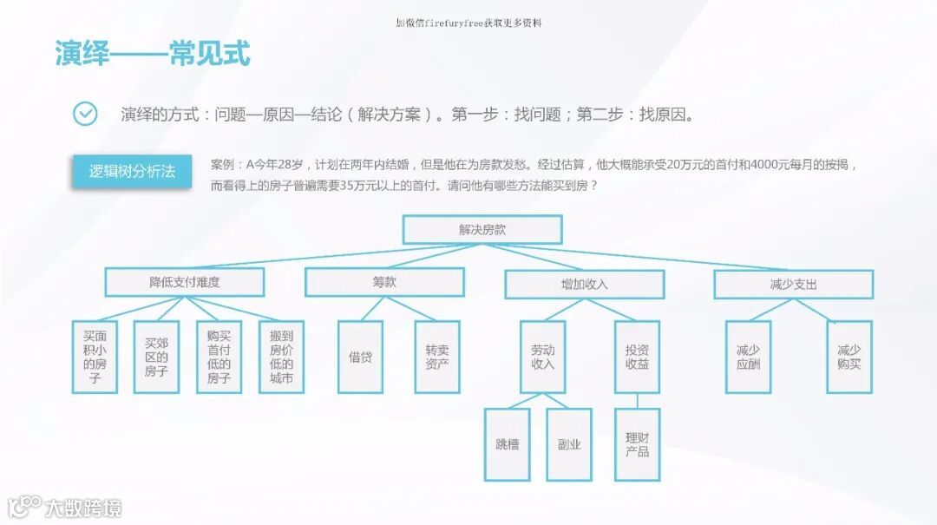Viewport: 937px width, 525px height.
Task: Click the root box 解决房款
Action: point(482,230)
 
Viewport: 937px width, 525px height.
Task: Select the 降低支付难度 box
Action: point(185,283)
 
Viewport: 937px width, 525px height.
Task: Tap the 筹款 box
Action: point(384,282)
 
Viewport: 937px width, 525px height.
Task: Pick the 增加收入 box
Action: point(584,284)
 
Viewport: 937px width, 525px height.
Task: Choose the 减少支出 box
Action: point(793,284)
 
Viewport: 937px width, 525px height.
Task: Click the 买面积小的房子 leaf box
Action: point(95,357)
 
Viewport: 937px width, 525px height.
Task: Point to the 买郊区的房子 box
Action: point(156,357)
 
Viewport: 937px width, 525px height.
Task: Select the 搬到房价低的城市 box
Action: point(281,357)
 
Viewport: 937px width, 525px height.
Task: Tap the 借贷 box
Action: point(360,357)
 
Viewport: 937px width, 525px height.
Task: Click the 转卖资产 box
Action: point(436,357)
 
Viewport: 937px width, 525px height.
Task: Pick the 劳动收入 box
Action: point(542,357)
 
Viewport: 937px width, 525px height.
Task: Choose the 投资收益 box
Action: point(637,357)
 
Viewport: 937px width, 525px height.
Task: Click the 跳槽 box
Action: point(507,444)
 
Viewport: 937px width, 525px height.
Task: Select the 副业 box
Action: point(569,444)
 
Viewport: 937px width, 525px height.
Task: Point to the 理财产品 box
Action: point(637,444)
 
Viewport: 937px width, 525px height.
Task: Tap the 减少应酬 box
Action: point(748,357)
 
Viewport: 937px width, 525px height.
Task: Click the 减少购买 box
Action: point(849,357)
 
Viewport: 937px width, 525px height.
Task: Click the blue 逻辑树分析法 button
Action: point(132,172)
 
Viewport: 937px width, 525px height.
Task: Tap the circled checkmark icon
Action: point(85,114)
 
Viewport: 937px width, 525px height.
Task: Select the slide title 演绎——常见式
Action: point(153,54)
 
